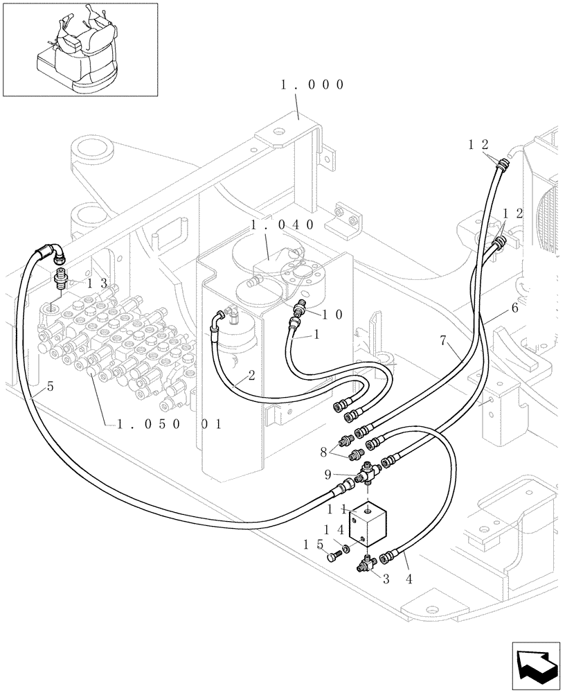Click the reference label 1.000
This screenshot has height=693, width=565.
[x=312, y=85]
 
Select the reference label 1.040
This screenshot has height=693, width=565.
[x=282, y=225]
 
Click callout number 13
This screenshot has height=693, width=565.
[x=98, y=283]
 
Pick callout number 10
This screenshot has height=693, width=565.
[x=332, y=314]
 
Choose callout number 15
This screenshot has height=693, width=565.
[x=310, y=545]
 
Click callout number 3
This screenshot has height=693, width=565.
[x=386, y=578]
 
